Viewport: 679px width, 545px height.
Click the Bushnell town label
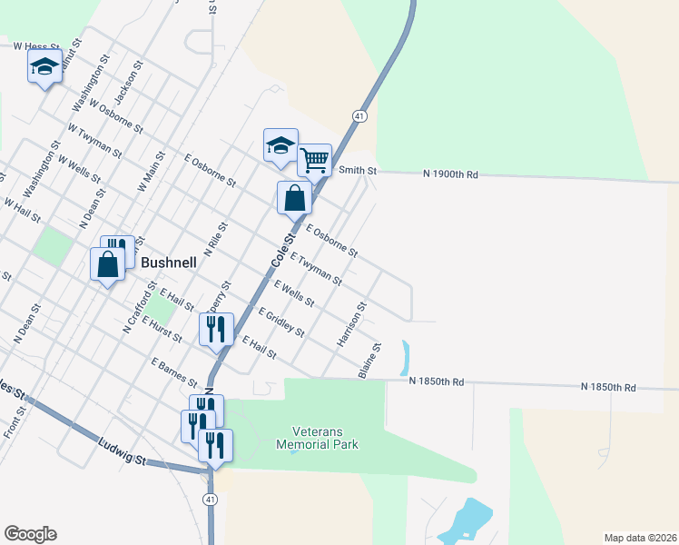point(170,261)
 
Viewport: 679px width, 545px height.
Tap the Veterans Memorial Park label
point(325,438)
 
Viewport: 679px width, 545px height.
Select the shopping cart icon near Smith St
point(314,161)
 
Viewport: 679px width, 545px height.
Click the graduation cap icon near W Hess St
point(44,66)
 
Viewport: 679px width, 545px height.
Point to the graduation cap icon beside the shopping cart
point(280,145)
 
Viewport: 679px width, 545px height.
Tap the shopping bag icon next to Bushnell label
point(107,264)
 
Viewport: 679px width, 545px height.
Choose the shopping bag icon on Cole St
point(294,197)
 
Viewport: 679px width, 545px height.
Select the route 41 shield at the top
point(360,116)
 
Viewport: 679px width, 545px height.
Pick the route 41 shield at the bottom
point(210,500)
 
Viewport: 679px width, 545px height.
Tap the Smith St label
point(357,170)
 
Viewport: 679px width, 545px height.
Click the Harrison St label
point(351,324)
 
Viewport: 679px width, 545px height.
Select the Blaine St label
point(369,360)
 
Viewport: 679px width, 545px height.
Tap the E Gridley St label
point(281,322)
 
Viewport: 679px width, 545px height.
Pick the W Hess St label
point(36,45)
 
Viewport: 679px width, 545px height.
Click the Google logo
point(30,534)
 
